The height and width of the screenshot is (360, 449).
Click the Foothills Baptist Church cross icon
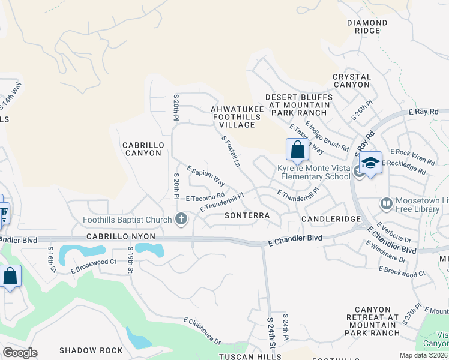point(182,220)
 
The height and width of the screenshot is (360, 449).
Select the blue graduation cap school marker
point(370,163)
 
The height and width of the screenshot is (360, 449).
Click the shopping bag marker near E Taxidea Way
point(297,151)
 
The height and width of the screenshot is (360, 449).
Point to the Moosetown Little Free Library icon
point(387,205)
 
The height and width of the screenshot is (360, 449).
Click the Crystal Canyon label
point(352,80)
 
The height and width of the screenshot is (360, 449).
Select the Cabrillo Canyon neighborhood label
point(142,149)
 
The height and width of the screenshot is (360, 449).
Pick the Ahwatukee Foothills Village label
point(235,113)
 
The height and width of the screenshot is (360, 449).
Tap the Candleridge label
point(326,219)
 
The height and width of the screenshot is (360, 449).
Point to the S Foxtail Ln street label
point(231,151)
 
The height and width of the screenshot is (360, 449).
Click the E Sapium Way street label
point(206,176)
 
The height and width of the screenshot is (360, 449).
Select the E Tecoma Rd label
point(205,196)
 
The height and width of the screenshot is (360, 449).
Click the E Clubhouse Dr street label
point(202,331)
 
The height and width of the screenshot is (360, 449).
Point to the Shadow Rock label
point(91,350)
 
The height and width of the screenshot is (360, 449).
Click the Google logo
point(20,353)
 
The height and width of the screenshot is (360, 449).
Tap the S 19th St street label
point(130,259)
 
